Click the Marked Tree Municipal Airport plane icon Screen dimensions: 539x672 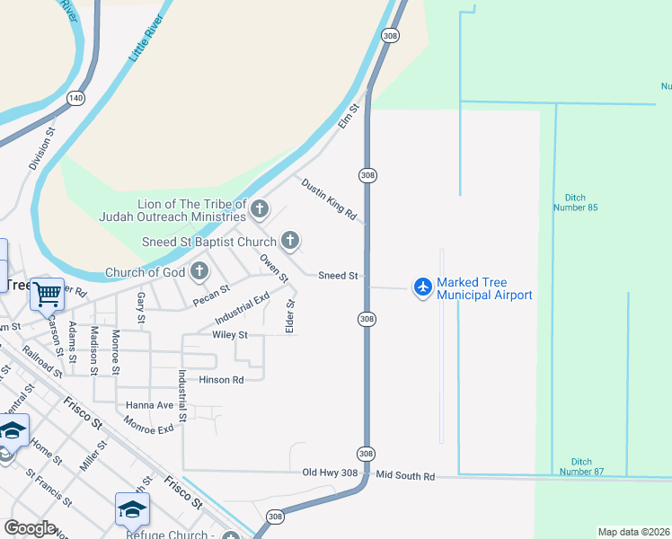pyautogui.click(x=422, y=287)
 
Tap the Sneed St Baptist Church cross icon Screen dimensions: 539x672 pyautogui.click(x=289, y=241)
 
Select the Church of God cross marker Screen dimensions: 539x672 pyautogui.click(x=199, y=271)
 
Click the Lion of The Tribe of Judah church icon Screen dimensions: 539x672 pyautogui.click(x=260, y=210)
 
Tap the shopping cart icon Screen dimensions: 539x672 pyautogui.click(x=47, y=292)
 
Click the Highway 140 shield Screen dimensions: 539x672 pyautogui.click(x=75, y=97)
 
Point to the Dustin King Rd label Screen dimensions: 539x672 pyautogui.click(x=329, y=199)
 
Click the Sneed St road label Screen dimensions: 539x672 pyautogui.click(x=339, y=276)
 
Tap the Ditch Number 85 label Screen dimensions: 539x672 pyautogui.click(x=581, y=202)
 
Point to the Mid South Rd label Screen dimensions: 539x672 pyautogui.click(x=405, y=475)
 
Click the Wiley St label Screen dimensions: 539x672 pyautogui.click(x=229, y=335)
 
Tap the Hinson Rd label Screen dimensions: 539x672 pyautogui.click(x=221, y=380)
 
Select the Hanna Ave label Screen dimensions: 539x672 pyautogui.click(x=149, y=405)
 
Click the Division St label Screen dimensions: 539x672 pyautogui.click(x=42, y=149)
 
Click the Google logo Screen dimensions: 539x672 pyautogui.click(x=30, y=528)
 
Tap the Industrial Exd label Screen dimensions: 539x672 pyautogui.click(x=242, y=309)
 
